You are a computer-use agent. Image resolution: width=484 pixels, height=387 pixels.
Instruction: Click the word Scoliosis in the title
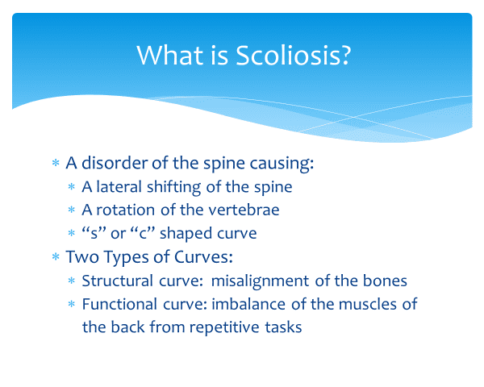click(294, 56)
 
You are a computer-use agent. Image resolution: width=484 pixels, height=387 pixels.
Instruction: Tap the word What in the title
click(169, 56)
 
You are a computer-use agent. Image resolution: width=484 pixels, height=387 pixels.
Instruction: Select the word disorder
click(115, 163)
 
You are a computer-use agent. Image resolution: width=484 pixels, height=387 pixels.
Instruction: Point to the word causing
click(282, 164)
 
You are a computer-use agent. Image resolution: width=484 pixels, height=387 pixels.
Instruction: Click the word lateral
click(119, 187)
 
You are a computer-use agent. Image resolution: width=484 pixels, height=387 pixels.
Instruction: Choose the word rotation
click(126, 210)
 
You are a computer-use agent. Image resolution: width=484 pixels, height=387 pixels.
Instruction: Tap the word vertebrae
click(244, 210)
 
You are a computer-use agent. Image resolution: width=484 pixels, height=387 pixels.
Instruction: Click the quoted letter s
click(94, 233)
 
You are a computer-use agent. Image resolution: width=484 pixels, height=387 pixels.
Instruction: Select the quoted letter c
click(142, 233)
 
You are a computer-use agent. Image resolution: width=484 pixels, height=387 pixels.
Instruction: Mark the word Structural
click(117, 281)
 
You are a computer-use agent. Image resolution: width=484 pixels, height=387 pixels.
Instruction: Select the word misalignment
click(260, 281)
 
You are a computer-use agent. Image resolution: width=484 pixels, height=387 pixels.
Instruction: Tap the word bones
click(385, 281)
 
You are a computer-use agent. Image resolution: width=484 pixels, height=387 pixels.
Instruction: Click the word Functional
click(119, 304)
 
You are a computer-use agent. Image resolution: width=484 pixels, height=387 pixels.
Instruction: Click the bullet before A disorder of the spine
click(56, 163)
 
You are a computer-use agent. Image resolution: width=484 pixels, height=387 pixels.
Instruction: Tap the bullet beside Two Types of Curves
click(56, 256)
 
